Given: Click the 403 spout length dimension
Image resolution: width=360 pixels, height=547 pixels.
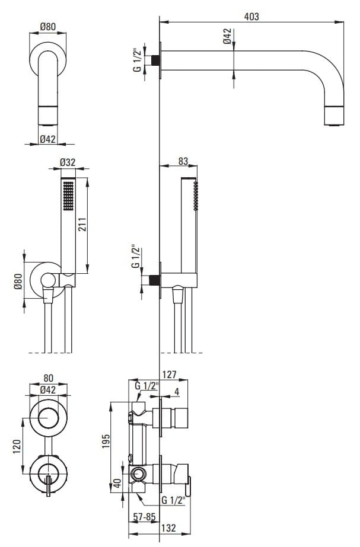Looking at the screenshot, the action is click(251, 17).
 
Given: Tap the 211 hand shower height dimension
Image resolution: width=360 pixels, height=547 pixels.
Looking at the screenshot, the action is click(82, 225).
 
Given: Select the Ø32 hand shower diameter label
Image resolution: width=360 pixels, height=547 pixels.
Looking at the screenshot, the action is click(68, 162).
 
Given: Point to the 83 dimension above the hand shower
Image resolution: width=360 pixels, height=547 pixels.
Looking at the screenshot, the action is click(183, 161).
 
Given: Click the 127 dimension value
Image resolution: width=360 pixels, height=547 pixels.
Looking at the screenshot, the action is click(170, 375).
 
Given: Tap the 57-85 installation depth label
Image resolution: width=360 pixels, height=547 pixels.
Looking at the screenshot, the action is click(144, 517).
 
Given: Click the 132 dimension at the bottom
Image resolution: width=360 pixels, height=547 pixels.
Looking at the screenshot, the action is click(168, 528).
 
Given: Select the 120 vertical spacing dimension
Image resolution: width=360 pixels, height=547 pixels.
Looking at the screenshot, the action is click(17, 446).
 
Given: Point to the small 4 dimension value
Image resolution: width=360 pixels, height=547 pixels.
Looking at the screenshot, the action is click(177, 392).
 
